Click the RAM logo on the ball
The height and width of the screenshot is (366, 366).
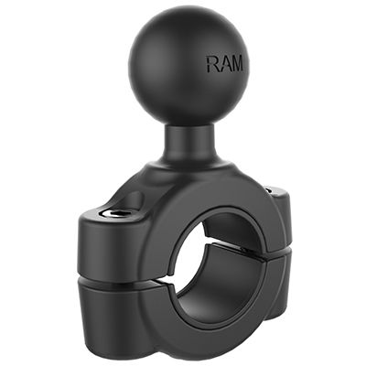pyautogui.click(x=224, y=65)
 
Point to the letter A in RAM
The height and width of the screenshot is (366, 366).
pyautogui.click(x=224, y=65)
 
